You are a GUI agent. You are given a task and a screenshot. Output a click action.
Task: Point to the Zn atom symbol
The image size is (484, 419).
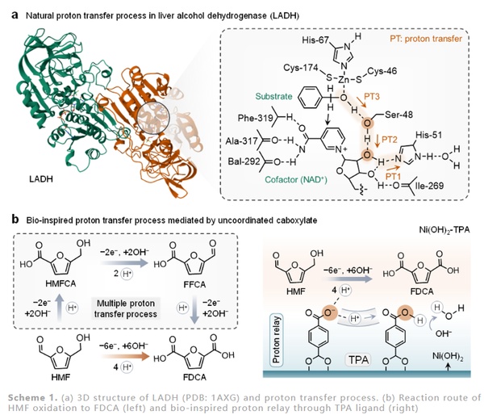[333, 80]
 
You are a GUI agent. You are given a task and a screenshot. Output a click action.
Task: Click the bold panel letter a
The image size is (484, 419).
[13, 10]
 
